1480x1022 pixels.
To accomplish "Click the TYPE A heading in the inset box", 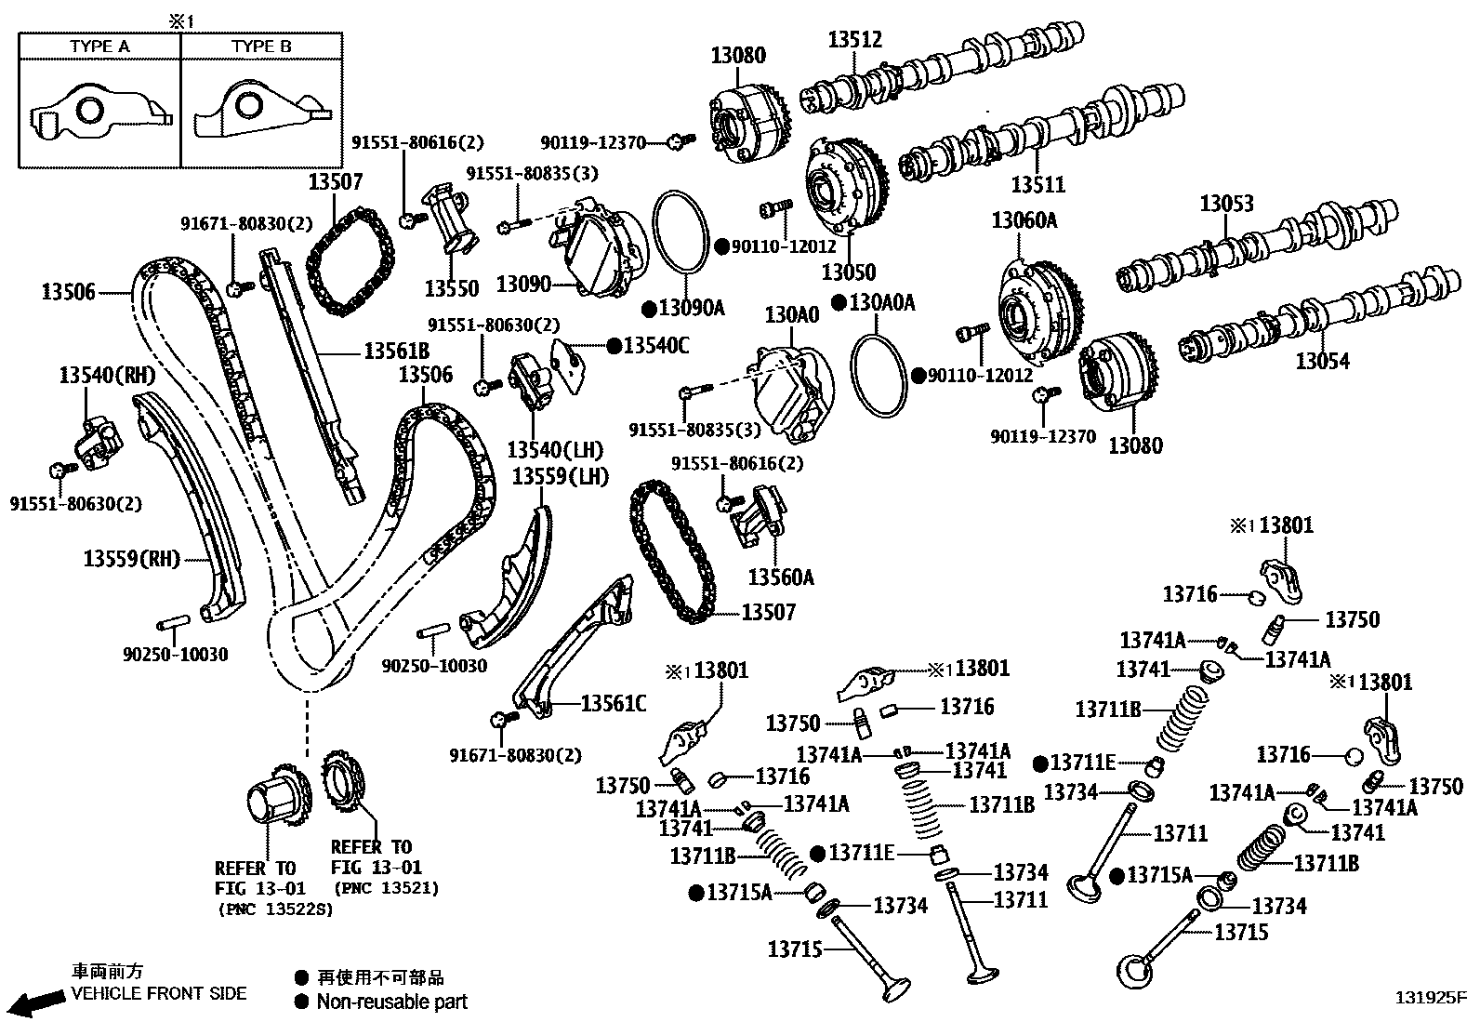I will point(99,46).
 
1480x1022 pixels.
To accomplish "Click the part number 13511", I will point(1037,185).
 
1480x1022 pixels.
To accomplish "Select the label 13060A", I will point(1024,220).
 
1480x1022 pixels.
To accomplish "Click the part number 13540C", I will point(656,346).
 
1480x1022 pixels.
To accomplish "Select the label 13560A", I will point(781,577).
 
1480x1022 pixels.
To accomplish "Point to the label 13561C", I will point(614,704).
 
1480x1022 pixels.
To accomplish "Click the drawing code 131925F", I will point(1430,999).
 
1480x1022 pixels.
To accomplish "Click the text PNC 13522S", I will point(273,909).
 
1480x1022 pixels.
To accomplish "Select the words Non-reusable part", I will point(391,1002).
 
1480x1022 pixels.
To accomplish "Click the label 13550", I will point(451,288).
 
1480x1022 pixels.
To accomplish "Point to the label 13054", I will point(1322,361).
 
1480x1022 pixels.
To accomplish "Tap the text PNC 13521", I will point(385,888).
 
